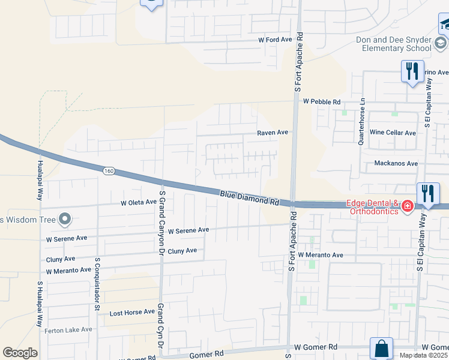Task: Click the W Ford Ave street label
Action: click(x=275, y=40)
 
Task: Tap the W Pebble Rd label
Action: click(x=322, y=101)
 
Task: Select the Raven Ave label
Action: click(x=273, y=132)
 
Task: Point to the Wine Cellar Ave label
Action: click(x=393, y=133)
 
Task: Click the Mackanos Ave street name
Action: click(x=396, y=163)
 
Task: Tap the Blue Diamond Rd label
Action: click(x=250, y=197)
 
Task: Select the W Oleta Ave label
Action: click(x=138, y=203)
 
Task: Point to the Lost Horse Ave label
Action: click(x=132, y=313)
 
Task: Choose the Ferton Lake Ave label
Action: click(x=69, y=329)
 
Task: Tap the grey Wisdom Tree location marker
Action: click(x=65, y=219)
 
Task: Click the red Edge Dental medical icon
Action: click(x=407, y=206)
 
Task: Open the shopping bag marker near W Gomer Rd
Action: click(x=381, y=348)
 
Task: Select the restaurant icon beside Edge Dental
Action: click(x=428, y=193)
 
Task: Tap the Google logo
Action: click(x=20, y=353)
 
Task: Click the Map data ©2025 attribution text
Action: click(x=423, y=355)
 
